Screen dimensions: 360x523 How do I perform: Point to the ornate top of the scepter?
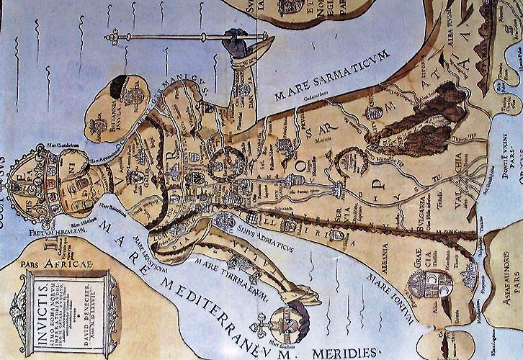point(115,37)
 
